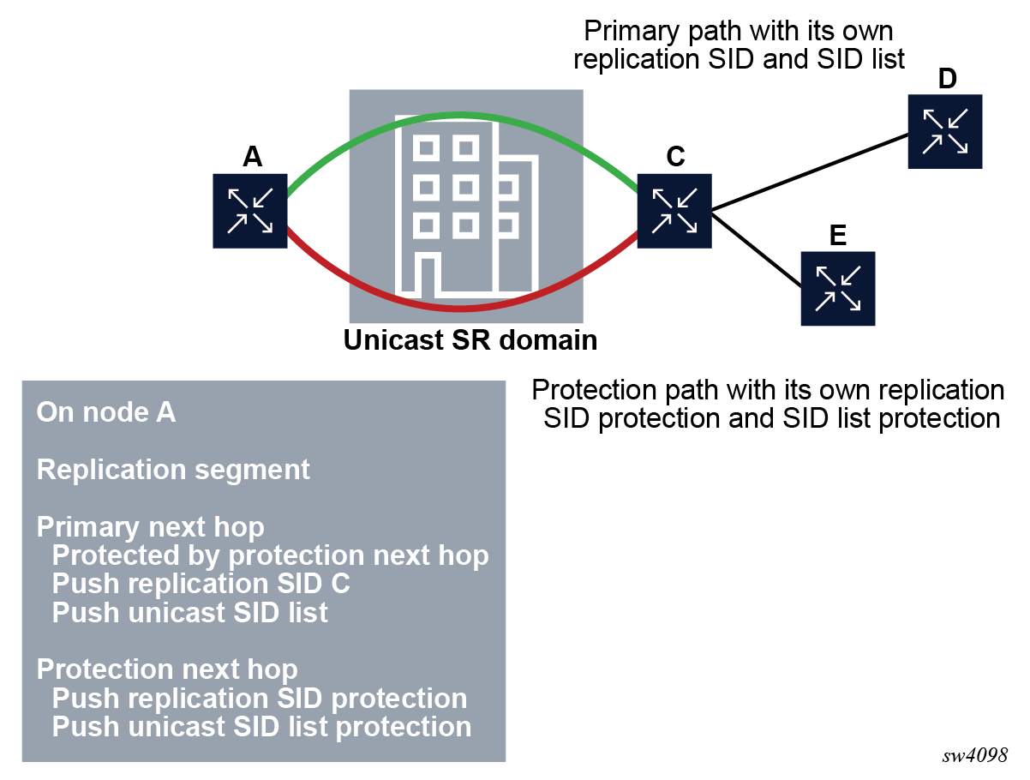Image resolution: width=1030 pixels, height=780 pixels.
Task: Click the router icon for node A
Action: click(x=249, y=211)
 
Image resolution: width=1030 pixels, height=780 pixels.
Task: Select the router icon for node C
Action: click(x=674, y=211)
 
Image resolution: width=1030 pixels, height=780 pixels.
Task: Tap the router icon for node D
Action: click(x=945, y=131)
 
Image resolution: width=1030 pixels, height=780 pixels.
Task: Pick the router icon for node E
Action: click(x=838, y=288)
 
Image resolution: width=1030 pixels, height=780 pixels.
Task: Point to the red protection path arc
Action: click(x=463, y=307)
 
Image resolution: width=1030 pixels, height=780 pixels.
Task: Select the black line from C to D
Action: click(x=810, y=171)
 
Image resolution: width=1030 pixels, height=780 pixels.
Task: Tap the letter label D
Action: click(x=946, y=79)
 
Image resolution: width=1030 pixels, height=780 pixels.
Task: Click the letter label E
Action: click(x=838, y=236)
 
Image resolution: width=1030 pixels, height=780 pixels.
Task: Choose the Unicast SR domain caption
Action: click(x=470, y=340)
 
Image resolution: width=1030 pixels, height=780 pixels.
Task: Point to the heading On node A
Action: click(x=106, y=412)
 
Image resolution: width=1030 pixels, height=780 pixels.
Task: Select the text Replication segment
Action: click(x=173, y=470)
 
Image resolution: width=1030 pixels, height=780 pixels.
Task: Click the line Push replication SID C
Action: click(x=201, y=584)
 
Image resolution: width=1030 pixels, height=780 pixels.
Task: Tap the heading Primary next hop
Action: click(x=151, y=526)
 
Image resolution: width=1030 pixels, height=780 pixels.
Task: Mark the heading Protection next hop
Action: click(x=167, y=669)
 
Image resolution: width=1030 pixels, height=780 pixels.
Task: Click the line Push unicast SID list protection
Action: click(x=261, y=727)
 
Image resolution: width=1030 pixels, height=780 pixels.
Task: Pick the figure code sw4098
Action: click(x=974, y=755)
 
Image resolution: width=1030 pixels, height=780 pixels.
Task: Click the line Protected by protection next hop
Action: click(x=270, y=555)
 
